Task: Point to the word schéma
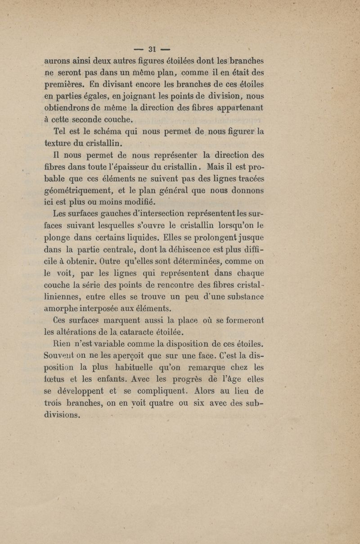point(108,133)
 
